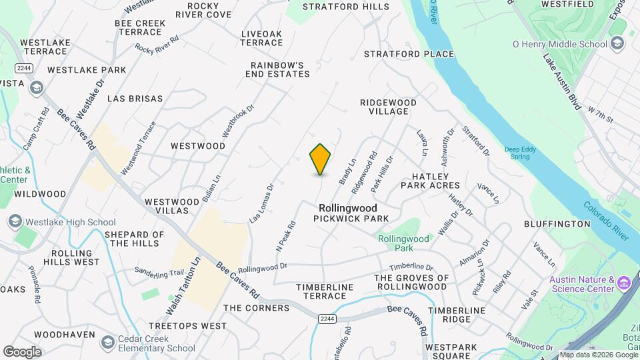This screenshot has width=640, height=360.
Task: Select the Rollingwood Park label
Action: point(403,243)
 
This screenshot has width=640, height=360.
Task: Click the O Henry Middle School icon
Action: point(618,44)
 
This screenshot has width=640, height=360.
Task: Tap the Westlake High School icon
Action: point(14,222)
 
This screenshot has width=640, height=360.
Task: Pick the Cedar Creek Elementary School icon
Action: point(107,343)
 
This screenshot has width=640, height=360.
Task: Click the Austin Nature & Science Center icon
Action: point(624,284)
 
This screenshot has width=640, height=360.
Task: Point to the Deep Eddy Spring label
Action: point(520,153)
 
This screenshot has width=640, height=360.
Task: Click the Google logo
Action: point(22,351)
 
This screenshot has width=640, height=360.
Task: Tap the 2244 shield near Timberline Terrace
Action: point(325,319)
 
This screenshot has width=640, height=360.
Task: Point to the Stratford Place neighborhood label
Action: point(409,54)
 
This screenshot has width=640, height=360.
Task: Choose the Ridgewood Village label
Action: point(388,107)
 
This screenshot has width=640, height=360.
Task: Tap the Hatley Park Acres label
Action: point(431,180)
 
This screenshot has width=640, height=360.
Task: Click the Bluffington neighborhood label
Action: point(557,224)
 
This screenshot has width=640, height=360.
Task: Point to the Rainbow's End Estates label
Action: point(280,69)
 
